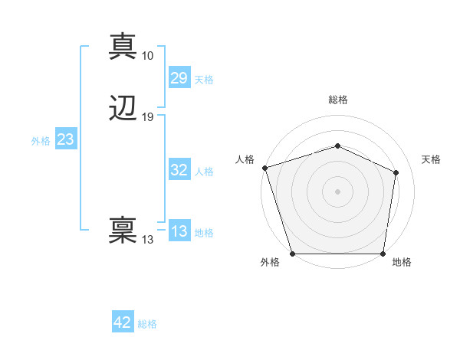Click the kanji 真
(x=123, y=47)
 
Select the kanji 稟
(x=123, y=231)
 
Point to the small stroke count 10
(x=147, y=56)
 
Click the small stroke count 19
(x=147, y=117)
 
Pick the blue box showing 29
(x=179, y=78)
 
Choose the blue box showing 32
(x=179, y=171)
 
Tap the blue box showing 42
(x=123, y=322)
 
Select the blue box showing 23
(x=65, y=139)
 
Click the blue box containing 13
(x=179, y=231)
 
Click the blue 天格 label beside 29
(x=204, y=80)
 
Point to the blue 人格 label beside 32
(x=204, y=172)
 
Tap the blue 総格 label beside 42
(x=147, y=324)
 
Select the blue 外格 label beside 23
(x=41, y=141)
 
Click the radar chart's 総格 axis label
(x=337, y=100)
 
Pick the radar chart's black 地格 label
(x=402, y=262)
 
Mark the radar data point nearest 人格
(x=264, y=168)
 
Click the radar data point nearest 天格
(x=396, y=172)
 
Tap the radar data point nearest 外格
(x=292, y=254)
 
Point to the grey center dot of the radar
(x=337, y=191)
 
